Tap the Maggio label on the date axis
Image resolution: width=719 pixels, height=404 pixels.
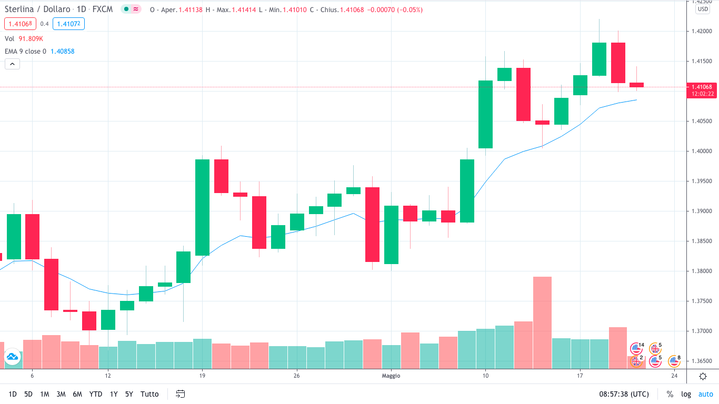[x=391, y=376]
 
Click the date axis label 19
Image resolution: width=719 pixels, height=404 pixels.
[x=202, y=376]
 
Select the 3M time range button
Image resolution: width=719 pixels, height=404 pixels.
[x=61, y=394]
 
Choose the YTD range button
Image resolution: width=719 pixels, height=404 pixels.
[x=96, y=394]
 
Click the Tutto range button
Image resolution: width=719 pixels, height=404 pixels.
[x=149, y=394]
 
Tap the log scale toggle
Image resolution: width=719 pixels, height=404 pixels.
[x=686, y=394]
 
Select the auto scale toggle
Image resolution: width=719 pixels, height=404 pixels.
[x=705, y=394]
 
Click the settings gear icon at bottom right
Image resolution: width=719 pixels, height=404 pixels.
[x=703, y=376]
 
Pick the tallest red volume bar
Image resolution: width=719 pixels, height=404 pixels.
[x=542, y=322]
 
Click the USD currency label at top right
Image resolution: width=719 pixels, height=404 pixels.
[x=703, y=9]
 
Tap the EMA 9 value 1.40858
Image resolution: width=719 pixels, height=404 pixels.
[x=63, y=52]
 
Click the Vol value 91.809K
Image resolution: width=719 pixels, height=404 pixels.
[x=31, y=38]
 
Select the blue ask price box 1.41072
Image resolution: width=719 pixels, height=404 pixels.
[x=68, y=23]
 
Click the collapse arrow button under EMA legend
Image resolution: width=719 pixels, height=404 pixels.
[x=12, y=64]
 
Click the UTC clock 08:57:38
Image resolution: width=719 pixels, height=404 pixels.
[x=624, y=394]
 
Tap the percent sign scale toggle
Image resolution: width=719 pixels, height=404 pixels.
[x=670, y=394]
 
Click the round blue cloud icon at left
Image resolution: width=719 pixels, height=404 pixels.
[x=12, y=357]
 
